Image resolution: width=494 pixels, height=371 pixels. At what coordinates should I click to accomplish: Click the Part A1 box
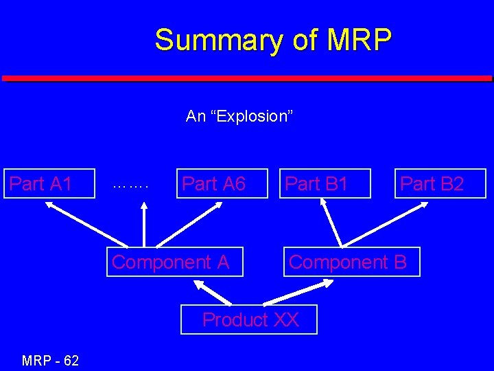pos(49,183)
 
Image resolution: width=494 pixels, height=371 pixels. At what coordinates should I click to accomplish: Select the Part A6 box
pos(222,183)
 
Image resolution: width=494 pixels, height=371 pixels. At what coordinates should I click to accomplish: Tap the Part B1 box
pos(325,183)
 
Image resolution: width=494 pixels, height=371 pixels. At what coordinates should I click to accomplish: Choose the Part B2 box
pos(440,183)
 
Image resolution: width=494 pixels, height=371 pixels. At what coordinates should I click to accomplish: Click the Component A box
pos(174,262)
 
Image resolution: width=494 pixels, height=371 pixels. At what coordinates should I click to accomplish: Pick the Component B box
pos(351,262)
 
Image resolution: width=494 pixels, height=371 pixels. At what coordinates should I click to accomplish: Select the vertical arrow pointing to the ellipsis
pos(143,223)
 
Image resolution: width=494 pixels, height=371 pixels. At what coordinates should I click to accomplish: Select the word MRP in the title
pos(359,40)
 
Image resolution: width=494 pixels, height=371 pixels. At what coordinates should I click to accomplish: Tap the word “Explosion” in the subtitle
pos(255,116)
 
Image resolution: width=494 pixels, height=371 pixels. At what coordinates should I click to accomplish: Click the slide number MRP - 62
pos(50,360)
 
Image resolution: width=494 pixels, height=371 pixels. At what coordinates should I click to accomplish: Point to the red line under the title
pos(247,78)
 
